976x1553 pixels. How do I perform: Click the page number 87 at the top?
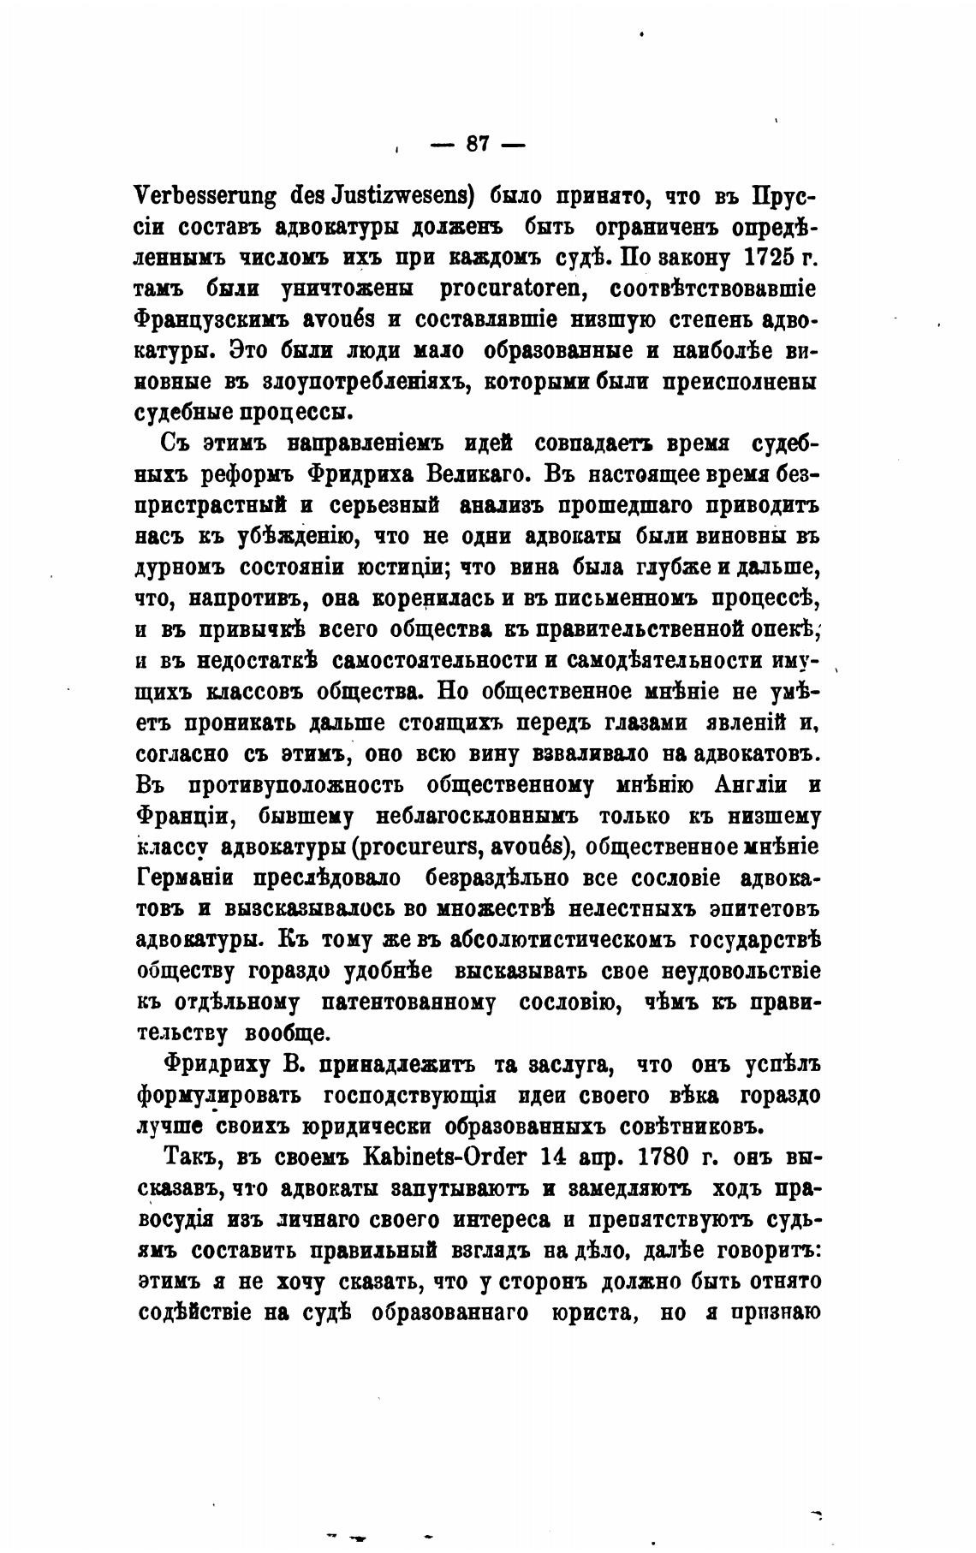[x=477, y=144]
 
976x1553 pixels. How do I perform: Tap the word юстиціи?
[x=421, y=567]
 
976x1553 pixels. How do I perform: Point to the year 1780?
[x=665, y=1158]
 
